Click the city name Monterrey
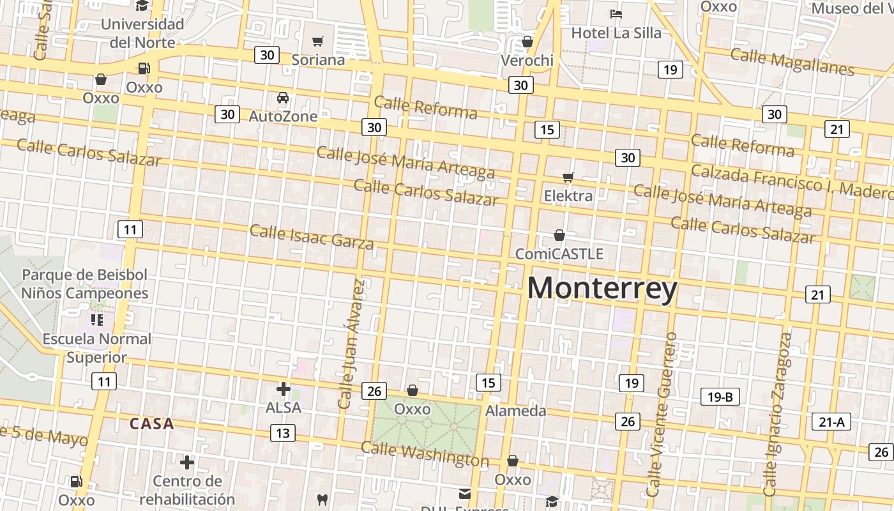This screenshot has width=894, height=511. [x=602, y=289]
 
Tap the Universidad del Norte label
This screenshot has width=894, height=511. [x=142, y=33]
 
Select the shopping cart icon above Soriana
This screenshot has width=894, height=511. [x=318, y=42]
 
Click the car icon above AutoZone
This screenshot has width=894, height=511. [x=283, y=98]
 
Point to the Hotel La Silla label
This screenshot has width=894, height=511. [x=616, y=33]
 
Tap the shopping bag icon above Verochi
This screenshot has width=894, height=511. [x=527, y=42]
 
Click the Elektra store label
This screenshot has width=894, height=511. [x=568, y=195]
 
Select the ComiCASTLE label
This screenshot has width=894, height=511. [x=559, y=254]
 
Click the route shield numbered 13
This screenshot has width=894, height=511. [x=282, y=433]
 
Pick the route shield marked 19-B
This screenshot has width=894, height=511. [x=720, y=397]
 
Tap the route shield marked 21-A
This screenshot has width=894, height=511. [x=831, y=422]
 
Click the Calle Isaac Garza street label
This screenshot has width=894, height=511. [x=312, y=236]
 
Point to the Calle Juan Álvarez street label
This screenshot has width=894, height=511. [x=352, y=344]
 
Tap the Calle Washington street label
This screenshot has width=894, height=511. [x=425, y=454]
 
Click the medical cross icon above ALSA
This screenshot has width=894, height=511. [x=284, y=388]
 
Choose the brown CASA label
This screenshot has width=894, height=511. [x=151, y=423]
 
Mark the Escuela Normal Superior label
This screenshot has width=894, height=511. [x=97, y=348]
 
